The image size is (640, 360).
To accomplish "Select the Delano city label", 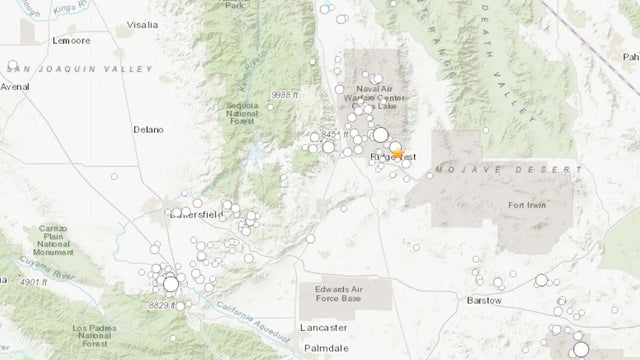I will click(x=149, y=129).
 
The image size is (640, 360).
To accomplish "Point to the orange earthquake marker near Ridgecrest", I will click(x=398, y=153).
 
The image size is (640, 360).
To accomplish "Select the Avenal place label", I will click(x=15, y=86).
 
